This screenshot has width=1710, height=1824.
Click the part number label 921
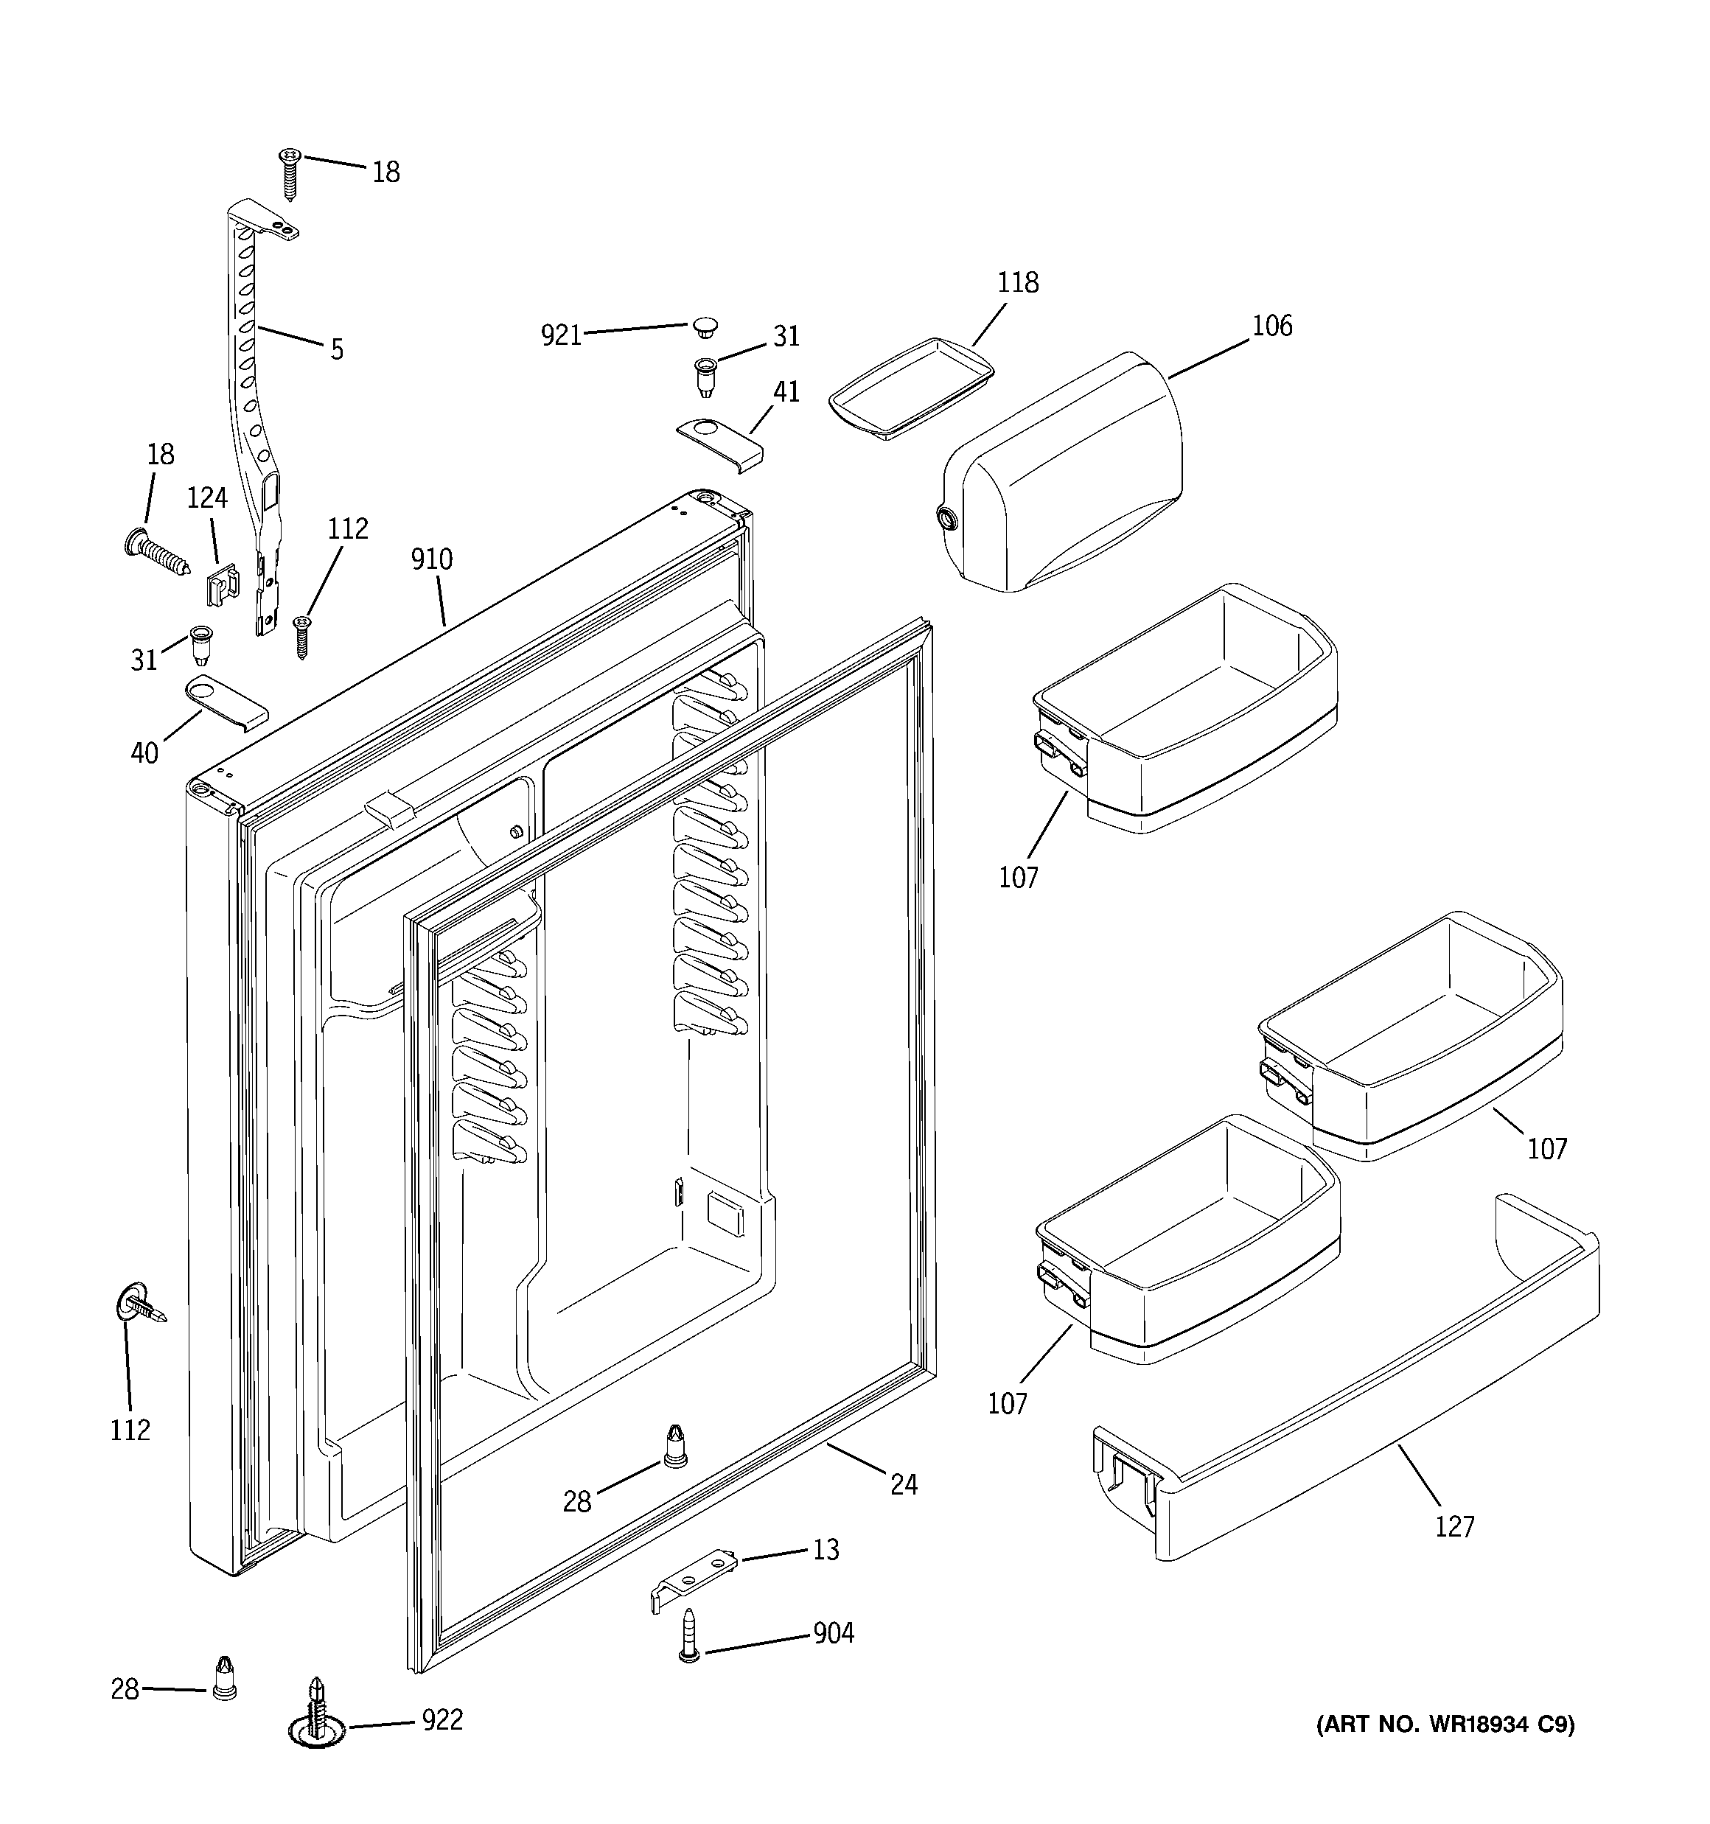coord(561,336)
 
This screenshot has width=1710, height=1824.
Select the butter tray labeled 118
coord(912,389)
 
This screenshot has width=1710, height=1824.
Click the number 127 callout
coord(1455,1527)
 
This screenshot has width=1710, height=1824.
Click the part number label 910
coord(431,559)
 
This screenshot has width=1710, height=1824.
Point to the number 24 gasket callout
coord(903,1484)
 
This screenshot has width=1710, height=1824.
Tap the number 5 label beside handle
coord(337,349)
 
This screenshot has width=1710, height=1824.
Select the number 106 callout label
coord(1272,326)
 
